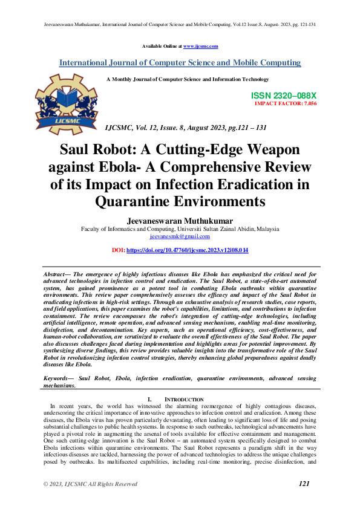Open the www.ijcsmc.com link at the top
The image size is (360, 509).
[200, 46]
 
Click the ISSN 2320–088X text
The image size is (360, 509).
[283, 96]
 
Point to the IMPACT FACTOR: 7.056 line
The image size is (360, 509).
[286, 103]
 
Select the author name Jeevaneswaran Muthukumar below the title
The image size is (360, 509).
[180, 222]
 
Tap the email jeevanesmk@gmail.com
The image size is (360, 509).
[180, 238]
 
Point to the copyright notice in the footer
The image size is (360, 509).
[90, 484]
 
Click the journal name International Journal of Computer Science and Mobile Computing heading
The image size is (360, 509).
[180, 63]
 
